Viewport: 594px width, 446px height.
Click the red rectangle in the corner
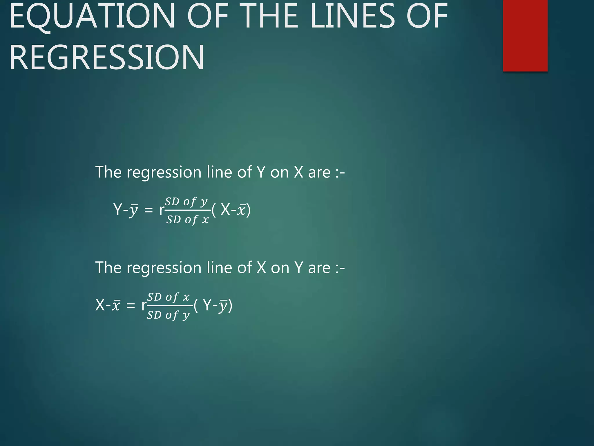[x=525, y=35]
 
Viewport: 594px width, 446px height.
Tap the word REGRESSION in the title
[x=107, y=57]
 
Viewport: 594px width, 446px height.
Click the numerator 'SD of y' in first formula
[x=186, y=201]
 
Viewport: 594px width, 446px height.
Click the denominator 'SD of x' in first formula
[x=187, y=220]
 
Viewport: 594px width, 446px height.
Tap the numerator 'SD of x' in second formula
[x=169, y=297]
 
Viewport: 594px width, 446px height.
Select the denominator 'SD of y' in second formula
[x=168, y=315]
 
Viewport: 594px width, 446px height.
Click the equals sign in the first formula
[x=148, y=210]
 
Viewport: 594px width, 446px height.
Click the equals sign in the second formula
[x=131, y=305]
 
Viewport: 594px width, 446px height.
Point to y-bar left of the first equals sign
[x=133, y=210]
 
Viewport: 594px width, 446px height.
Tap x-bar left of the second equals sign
[x=116, y=305]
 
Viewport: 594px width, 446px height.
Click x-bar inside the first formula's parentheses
[x=241, y=210]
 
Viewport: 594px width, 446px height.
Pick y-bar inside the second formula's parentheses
[x=223, y=305]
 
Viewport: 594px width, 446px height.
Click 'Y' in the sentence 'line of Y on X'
[x=261, y=172]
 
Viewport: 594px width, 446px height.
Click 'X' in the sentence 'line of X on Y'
[x=261, y=267]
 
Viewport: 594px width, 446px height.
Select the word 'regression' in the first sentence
[x=164, y=173]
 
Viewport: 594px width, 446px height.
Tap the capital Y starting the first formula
[x=118, y=209]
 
